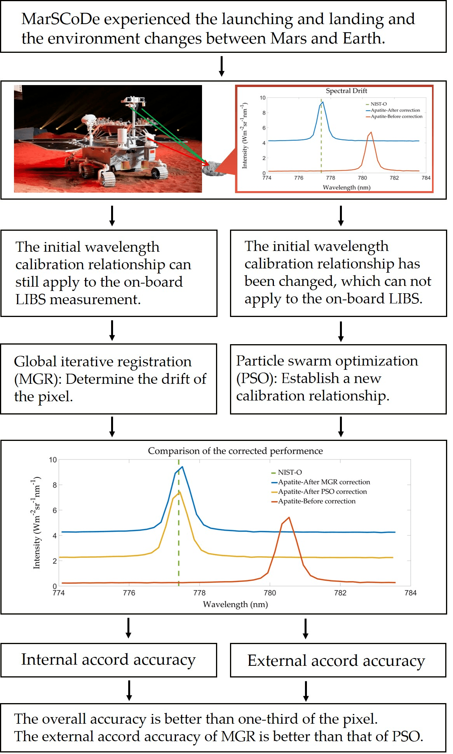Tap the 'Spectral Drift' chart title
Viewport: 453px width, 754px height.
346,91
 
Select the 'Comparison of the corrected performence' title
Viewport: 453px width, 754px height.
235,451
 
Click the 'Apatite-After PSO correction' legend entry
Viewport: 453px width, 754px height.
322,492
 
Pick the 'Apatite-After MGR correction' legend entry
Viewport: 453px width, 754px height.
324,482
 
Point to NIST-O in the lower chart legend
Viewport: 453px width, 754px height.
289,472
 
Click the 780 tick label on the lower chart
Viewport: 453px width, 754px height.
270,593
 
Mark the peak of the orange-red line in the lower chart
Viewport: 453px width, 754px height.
289,517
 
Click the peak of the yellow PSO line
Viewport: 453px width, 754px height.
179,492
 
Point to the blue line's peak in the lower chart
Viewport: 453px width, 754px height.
182,467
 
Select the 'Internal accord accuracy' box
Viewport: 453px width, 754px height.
108,660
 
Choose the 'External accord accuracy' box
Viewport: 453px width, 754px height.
336,661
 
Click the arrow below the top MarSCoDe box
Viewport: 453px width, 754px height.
221,66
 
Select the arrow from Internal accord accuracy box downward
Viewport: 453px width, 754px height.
129,690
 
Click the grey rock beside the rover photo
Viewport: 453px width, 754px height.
214,168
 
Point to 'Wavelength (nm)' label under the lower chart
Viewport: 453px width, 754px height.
235,604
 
